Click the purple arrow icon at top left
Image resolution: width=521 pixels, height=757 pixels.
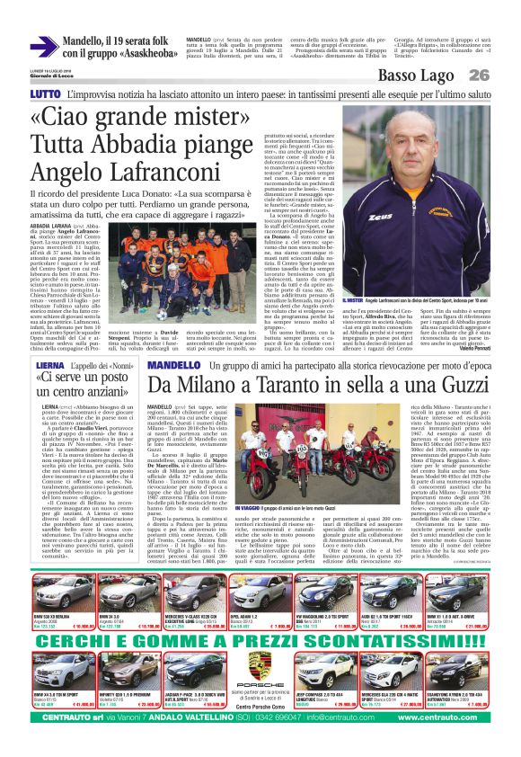[x=44, y=46]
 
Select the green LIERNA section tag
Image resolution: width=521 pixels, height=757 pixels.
[x=47, y=368]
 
